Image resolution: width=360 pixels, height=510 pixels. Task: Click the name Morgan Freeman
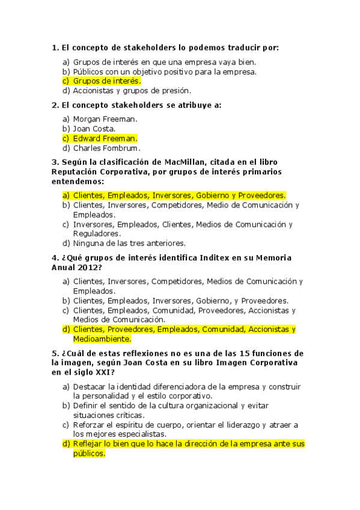(105, 118)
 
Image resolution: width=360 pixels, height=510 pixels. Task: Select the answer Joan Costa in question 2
(94, 128)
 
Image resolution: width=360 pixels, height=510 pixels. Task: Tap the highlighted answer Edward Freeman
(105, 138)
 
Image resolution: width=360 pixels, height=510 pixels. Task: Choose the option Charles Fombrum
(106, 148)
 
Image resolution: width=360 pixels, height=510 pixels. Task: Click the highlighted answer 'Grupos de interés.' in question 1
(107, 81)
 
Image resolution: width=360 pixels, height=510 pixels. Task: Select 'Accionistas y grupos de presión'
(132, 91)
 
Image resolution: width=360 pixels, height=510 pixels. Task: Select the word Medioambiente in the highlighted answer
(102, 339)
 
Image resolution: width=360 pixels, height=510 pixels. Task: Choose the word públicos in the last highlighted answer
(89, 454)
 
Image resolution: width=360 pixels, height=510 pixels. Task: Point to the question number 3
(55, 162)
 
